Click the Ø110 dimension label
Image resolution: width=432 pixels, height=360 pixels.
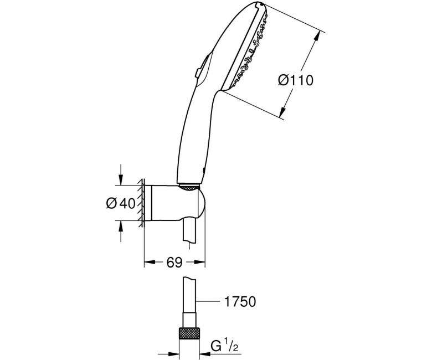click(296, 80)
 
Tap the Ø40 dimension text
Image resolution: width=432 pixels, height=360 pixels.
click(121, 204)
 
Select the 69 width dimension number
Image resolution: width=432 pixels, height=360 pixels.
click(174, 262)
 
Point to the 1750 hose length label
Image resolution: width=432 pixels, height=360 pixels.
click(240, 302)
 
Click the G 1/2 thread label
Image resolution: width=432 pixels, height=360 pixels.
click(224, 346)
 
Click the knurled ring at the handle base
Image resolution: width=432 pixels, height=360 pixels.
click(188, 187)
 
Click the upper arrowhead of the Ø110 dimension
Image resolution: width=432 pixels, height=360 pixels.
click(318, 35)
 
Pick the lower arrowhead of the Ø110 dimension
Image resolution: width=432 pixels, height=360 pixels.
click(282, 112)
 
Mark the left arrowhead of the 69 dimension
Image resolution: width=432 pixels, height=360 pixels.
click(150, 262)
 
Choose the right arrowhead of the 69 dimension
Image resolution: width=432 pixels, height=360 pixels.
click(199, 262)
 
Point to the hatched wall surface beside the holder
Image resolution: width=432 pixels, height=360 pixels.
click(141, 203)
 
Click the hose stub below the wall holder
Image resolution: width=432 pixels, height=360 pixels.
click(189, 231)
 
